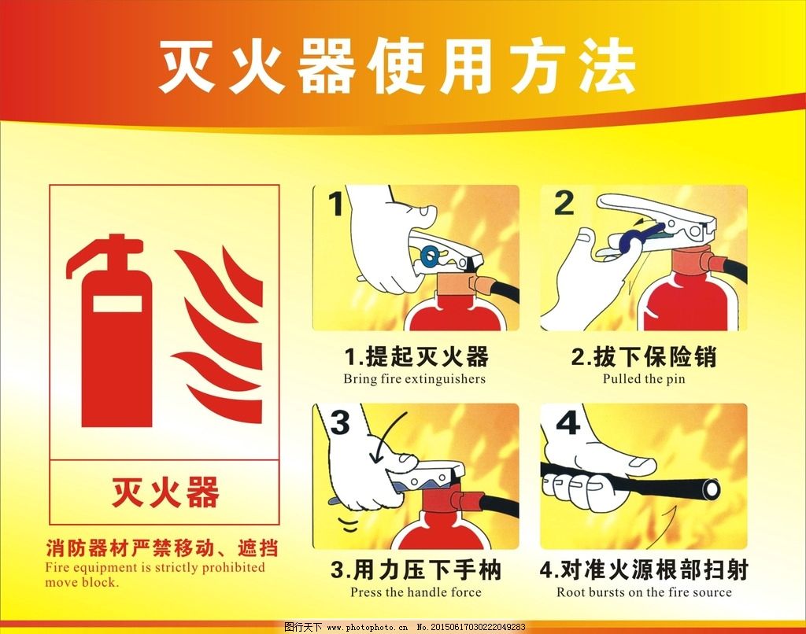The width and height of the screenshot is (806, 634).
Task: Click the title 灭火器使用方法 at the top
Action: (397, 67)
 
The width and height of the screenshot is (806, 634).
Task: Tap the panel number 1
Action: (337, 204)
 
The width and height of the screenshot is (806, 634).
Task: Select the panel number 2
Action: (564, 204)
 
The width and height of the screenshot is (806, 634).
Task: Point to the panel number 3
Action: (340, 422)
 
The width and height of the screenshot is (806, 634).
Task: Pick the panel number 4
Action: (568, 423)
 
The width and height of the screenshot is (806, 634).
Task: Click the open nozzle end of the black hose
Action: (712, 489)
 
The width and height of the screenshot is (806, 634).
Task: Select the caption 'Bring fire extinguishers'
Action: (414, 379)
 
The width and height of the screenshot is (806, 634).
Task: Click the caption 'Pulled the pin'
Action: (644, 379)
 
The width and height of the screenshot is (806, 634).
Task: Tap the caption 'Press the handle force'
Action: (416, 592)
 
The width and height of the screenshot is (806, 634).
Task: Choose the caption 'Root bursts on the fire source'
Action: (644, 592)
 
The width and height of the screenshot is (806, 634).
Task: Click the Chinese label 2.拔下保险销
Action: (644, 356)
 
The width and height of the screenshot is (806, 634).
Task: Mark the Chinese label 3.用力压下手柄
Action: (416, 569)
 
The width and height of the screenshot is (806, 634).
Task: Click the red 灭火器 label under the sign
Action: (165, 492)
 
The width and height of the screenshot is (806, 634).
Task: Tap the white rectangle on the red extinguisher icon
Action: (117, 304)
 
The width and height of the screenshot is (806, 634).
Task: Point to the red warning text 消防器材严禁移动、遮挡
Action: (162, 548)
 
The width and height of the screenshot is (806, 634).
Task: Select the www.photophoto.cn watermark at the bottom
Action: (368, 628)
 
